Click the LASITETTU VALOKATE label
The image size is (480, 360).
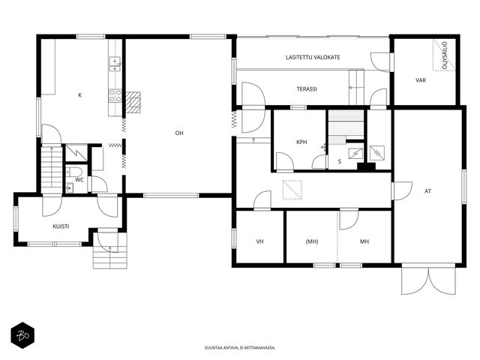click(313, 57)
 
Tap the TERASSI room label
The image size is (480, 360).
click(307, 89)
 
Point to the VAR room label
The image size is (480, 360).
click(421, 80)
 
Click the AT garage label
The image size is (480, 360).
click(427, 191)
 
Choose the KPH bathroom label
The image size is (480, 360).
click(301, 142)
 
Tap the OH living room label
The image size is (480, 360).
click(179, 133)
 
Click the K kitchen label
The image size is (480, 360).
click(80, 95)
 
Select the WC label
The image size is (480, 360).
click(79, 180)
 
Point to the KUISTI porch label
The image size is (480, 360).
click(61, 226)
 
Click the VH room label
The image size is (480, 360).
click(259, 241)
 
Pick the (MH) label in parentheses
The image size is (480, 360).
click(312, 241)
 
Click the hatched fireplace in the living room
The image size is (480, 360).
click(133, 102)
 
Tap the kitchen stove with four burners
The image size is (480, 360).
click(115, 95)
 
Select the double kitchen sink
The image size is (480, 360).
click(115, 64)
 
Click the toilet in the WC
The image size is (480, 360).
click(73, 171)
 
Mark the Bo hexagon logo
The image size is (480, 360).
click(22, 335)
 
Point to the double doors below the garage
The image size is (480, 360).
click(428, 279)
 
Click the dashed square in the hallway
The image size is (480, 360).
click(292, 190)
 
